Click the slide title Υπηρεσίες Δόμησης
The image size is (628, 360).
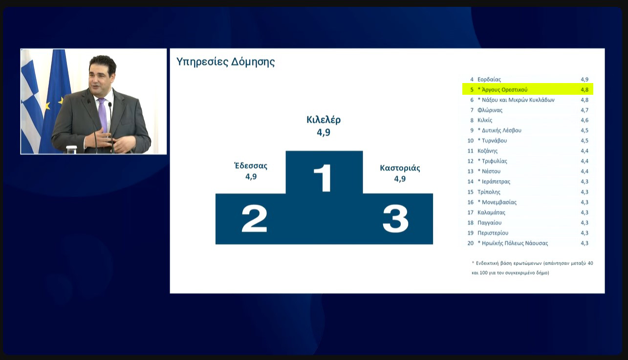[225, 62]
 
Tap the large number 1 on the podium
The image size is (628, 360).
[323, 178]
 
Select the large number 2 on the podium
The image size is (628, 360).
[254, 218]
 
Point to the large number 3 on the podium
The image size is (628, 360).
[395, 219]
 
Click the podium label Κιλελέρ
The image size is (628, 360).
[324, 120]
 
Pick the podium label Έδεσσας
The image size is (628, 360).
[251, 166]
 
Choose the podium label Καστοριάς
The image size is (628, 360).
[400, 168]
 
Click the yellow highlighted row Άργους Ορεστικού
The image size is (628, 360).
[528, 89]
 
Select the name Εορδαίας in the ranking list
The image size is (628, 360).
[489, 79]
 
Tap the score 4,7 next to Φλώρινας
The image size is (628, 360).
[585, 110]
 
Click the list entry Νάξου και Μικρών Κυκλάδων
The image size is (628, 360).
[516, 100]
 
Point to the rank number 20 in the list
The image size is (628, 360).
[470, 243]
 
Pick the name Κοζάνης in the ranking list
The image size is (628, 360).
[487, 151]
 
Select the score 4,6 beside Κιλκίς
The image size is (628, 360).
[585, 120]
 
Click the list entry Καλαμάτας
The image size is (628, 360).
[491, 212]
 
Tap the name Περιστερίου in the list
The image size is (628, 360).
[493, 233]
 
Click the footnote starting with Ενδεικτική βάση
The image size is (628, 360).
[532, 268]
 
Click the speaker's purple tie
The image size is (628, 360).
[102, 114]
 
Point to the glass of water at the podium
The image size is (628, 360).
[71, 149]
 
